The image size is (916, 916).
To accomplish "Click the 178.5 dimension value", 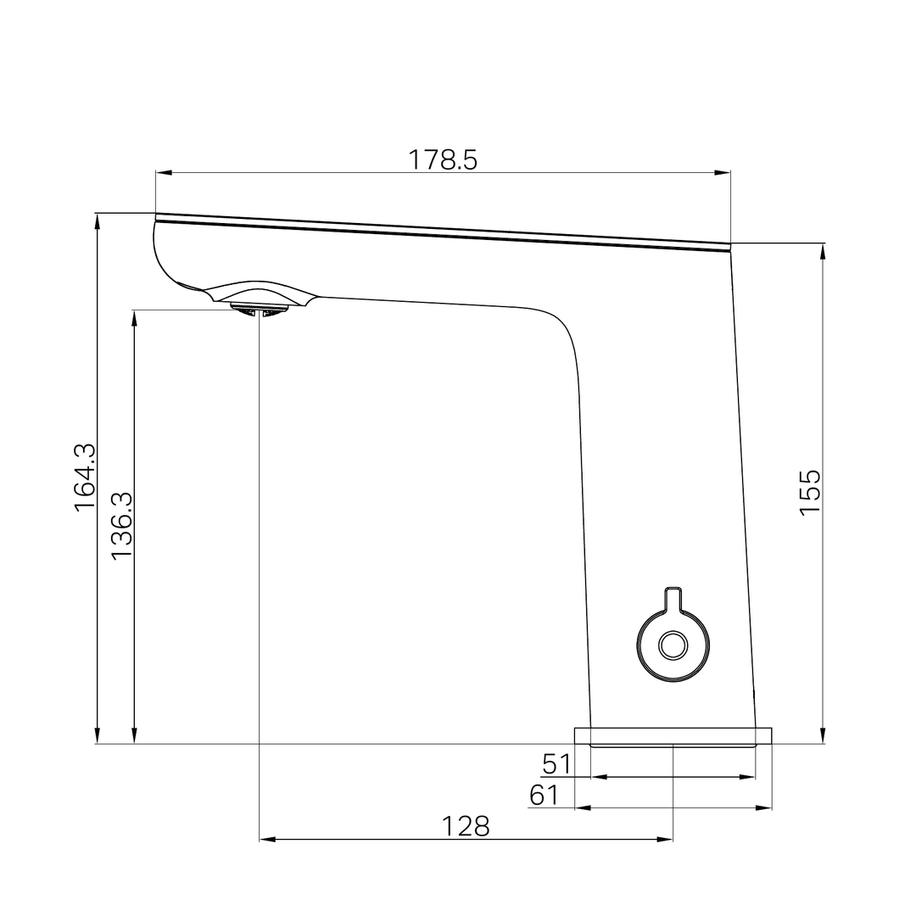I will coord(443,159).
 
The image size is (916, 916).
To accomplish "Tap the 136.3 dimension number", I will coord(121,525).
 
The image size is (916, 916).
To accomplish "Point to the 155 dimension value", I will coord(810,492).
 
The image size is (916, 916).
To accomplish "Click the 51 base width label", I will coord(557,764).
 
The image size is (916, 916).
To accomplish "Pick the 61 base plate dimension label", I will coord(545,796).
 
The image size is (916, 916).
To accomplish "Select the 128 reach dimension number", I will coord(466,826).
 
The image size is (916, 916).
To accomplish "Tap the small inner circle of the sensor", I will coord(673,645).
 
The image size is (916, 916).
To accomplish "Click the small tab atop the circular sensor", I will coord(673,595).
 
